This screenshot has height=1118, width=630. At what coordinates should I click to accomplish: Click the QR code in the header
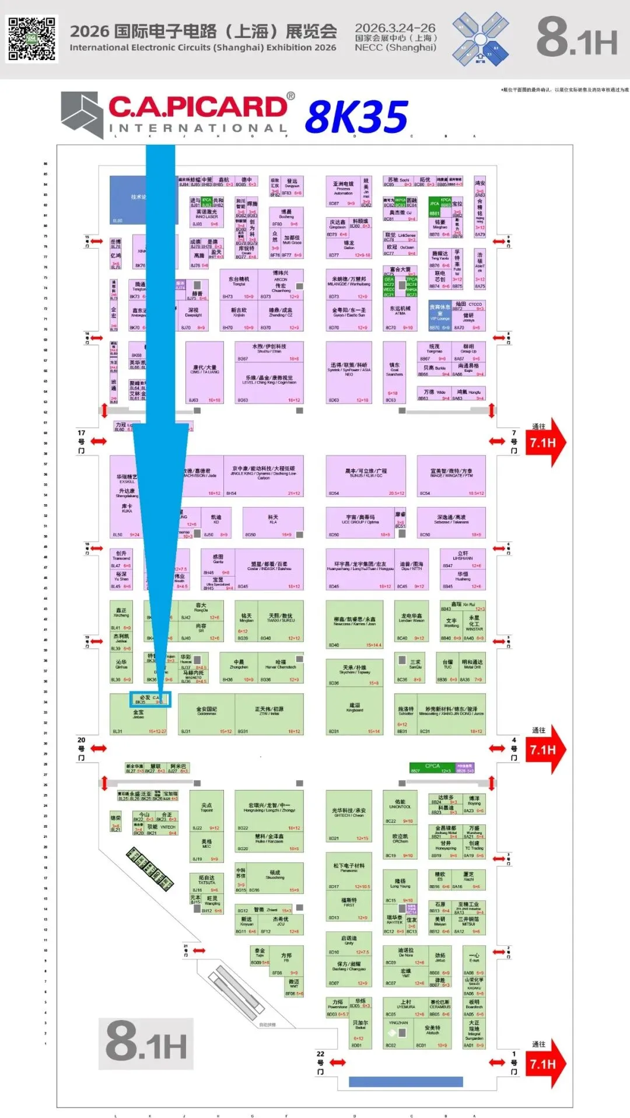(x=32, y=39)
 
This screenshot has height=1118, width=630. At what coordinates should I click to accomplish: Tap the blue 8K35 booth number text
(x=356, y=117)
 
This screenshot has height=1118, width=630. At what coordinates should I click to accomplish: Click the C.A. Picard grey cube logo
(x=82, y=114)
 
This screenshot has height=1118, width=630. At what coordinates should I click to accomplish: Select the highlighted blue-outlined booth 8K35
(x=150, y=699)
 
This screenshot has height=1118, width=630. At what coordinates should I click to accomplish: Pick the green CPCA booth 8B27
(x=432, y=767)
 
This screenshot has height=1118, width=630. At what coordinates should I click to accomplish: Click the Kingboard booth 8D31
(x=354, y=711)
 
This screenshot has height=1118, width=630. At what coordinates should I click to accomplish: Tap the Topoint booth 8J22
(x=206, y=810)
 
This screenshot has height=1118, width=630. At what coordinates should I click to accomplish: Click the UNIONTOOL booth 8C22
(x=400, y=808)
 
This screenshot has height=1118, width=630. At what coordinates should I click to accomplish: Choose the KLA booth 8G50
(x=272, y=522)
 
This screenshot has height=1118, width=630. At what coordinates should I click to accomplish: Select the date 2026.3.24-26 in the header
(x=395, y=27)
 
